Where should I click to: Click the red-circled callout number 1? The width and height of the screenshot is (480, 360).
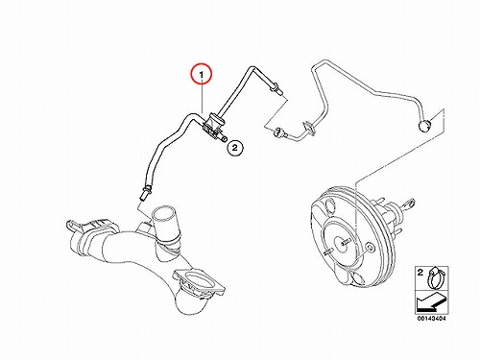(202, 75)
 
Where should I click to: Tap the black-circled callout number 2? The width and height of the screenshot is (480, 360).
(234, 148)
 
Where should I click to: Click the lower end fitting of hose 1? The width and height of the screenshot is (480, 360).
(145, 191)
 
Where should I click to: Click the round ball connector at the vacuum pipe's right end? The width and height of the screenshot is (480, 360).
(424, 126)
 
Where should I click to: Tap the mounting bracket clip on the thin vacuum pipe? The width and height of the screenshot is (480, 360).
(309, 126)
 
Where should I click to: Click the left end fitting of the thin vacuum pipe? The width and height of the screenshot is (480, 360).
(278, 132)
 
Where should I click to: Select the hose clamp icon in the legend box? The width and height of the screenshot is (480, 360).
(437, 277)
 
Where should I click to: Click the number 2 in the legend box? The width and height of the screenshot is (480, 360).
(420, 273)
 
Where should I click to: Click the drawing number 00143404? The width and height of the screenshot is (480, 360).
(431, 319)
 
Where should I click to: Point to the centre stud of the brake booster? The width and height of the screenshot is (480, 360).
(344, 242)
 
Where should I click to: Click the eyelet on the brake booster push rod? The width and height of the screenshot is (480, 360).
(409, 204)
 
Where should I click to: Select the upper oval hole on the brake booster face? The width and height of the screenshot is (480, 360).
(328, 205)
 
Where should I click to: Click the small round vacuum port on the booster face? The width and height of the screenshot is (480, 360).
(370, 248)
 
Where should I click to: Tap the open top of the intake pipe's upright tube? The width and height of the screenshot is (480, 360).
(163, 213)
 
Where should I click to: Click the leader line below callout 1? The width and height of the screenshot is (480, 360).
(202, 99)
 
